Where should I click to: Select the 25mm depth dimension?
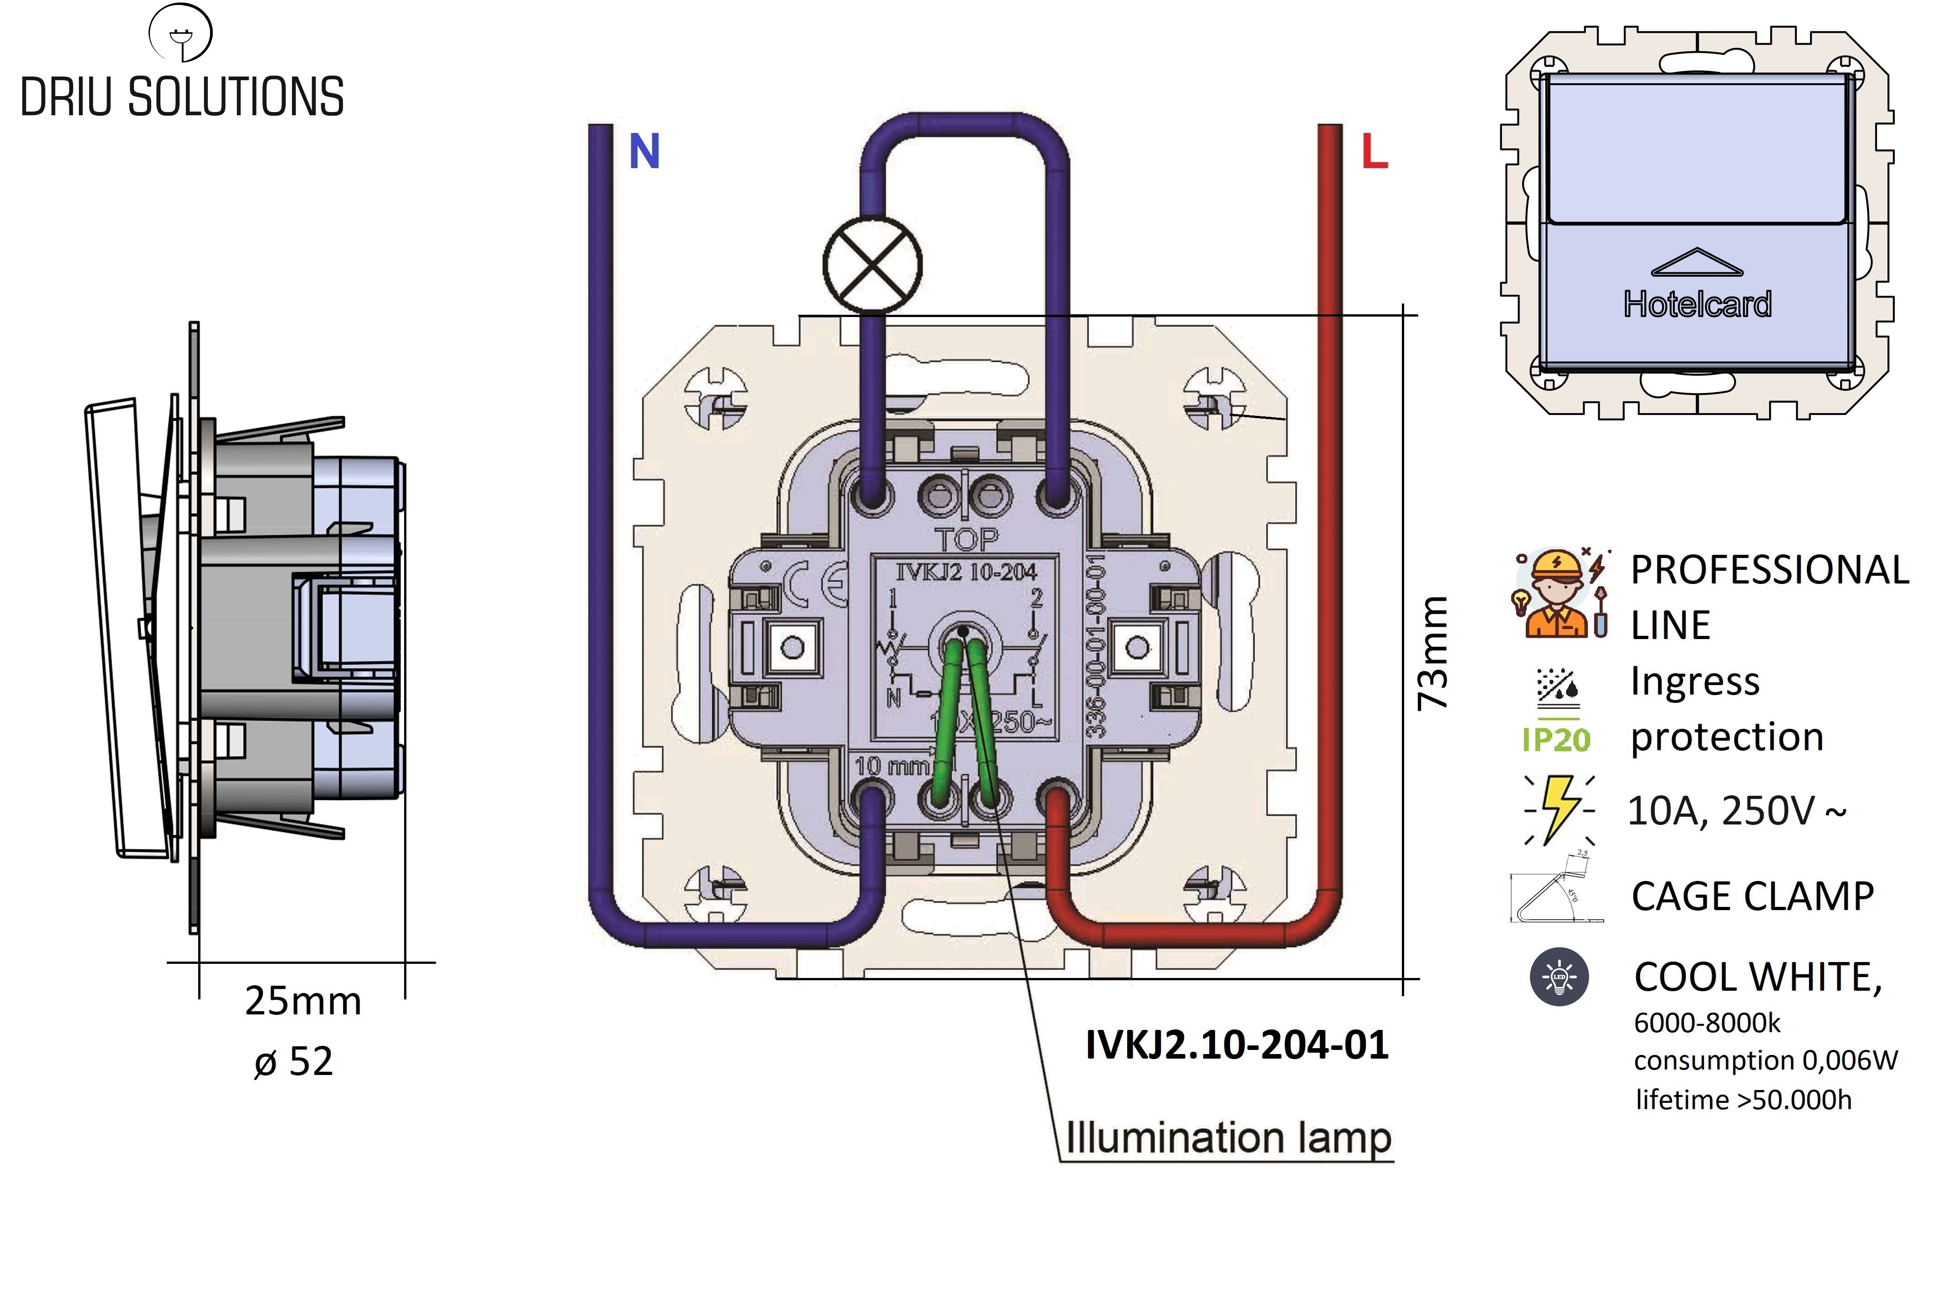(303, 1001)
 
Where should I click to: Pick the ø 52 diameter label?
(294, 1061)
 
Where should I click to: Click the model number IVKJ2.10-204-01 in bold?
(1236, 1045)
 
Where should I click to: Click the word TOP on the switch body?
(967, 540)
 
